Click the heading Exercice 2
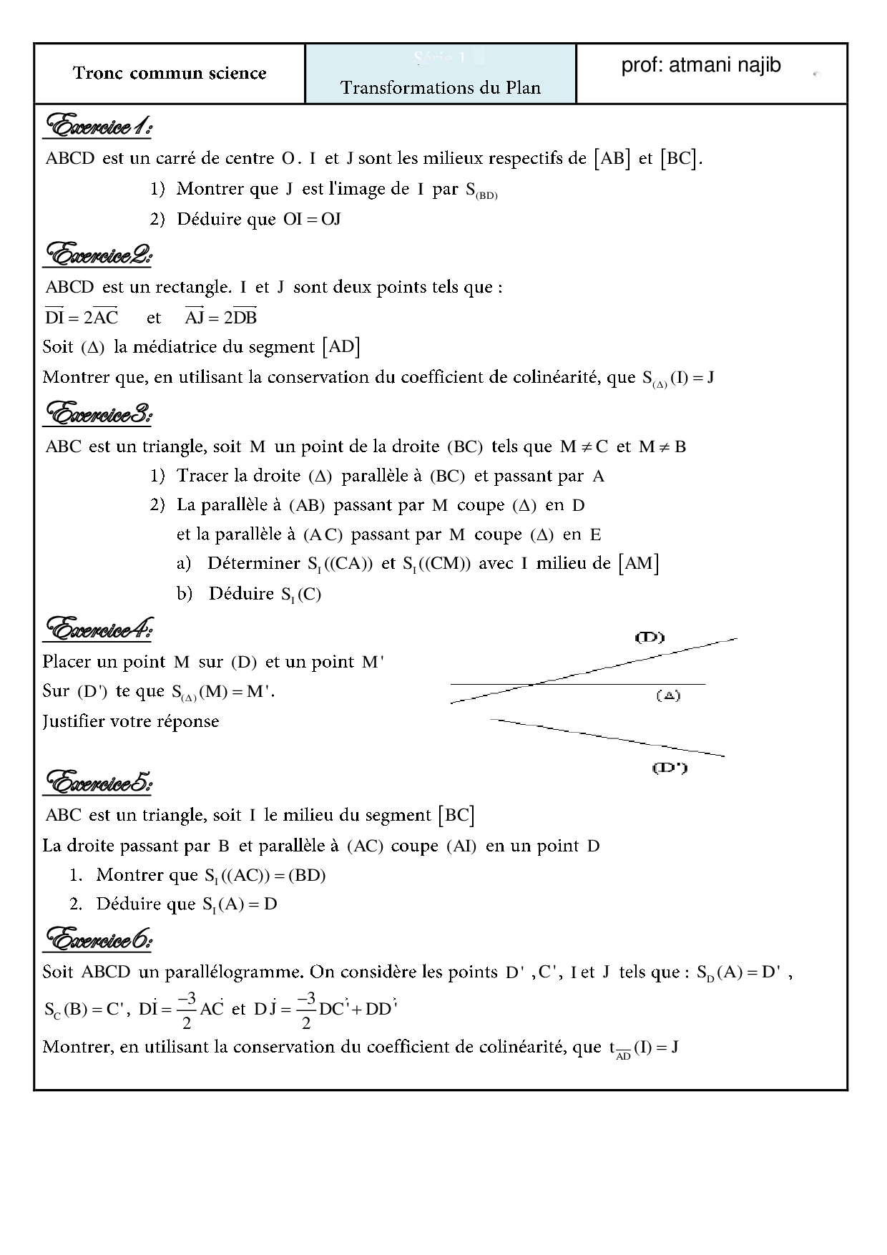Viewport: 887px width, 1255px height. tap(98, 255)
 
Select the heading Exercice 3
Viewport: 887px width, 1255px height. tap(98, 414)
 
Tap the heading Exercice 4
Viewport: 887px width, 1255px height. tap(98, 630)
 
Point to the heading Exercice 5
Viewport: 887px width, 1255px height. tap(98, 783)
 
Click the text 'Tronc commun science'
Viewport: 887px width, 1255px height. tap(170, 73)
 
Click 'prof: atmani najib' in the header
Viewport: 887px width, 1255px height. tap(700, 66)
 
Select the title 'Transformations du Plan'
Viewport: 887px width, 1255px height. tap(440, 88)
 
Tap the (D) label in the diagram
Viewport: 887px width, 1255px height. tap(650, 637)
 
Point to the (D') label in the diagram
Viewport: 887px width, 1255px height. tap(670, 768)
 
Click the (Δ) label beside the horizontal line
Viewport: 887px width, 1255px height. tap(668, 695)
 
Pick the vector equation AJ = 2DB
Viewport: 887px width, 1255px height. tap(220, 317)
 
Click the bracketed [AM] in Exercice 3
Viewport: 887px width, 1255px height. tap(639, 564)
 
